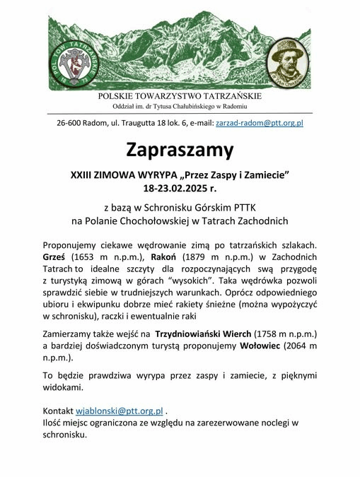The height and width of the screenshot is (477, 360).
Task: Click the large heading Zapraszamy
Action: pyautogui.click(x=180, y=150)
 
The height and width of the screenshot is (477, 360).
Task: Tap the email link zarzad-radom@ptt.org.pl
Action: pyautogui.click(x=259, y=122)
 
